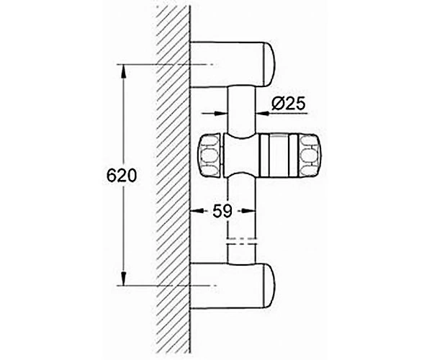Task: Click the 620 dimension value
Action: [122, 175]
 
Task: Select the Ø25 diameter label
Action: [289, 104]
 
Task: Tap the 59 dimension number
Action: [222, 211]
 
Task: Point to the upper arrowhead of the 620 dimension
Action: [123, 72]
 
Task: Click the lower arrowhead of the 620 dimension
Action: [123, 278]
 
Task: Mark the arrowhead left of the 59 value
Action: [197, 211]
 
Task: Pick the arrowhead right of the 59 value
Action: [248, 211]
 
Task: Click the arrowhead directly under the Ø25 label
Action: [263, 113]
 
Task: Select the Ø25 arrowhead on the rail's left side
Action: [220, 113]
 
